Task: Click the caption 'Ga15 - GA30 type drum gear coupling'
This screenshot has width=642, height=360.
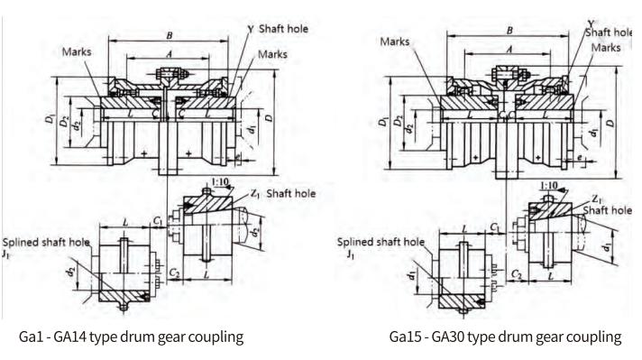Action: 505,337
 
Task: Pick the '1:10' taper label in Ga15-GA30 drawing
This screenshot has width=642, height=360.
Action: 546,185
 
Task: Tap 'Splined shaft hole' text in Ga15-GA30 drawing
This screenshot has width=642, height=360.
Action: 379,242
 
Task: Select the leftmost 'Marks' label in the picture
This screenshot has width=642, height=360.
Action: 78,51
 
